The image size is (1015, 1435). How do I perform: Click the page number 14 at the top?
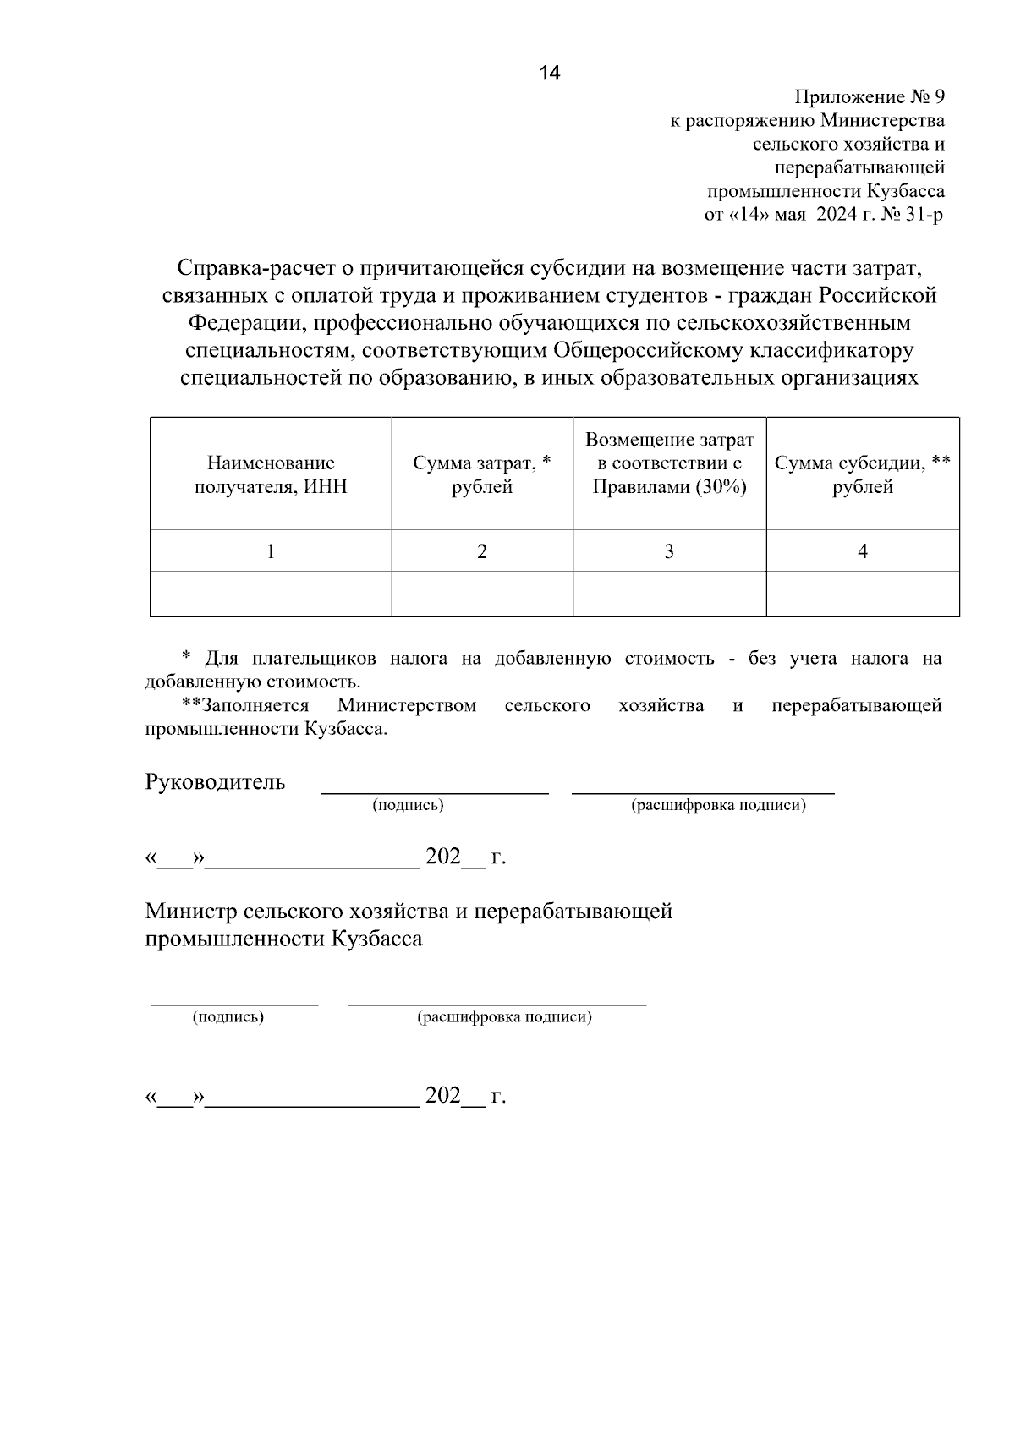pos(550,74)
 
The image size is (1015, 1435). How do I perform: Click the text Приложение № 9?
pos(869,97)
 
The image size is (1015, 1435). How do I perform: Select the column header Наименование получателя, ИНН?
pos(271,474)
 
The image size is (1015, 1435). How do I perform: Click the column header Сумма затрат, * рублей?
pos(482,474)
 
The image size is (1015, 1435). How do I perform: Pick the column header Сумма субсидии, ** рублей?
pos(863,474)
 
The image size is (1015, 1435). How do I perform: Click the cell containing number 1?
pos(271,551)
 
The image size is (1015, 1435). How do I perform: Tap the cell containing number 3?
pos(669,551)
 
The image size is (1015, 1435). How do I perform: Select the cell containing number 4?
pos(863,551)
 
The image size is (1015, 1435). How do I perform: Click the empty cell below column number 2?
pos(482,594)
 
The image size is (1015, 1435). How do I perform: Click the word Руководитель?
pos(216,782)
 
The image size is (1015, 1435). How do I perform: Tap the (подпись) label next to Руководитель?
pos(408,806)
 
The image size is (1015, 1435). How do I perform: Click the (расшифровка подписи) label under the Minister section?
pos(504,1017)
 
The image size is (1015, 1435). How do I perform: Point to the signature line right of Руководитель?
pos(435,792)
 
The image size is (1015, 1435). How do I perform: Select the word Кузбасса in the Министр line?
pos(377,939)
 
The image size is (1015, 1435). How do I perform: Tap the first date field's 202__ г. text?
pos(464,857)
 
